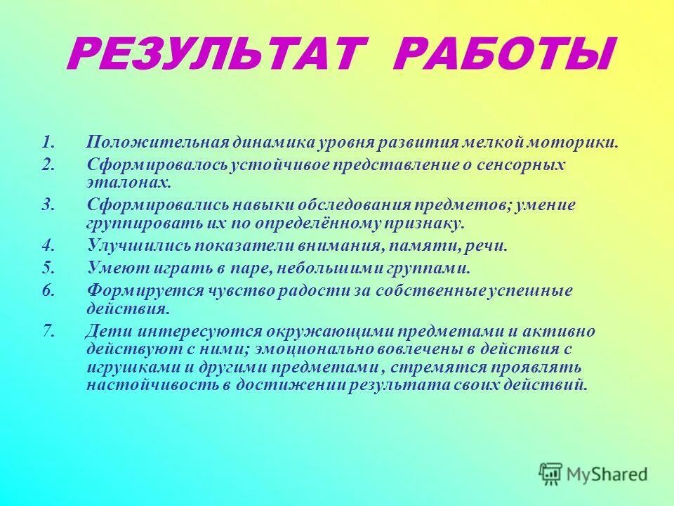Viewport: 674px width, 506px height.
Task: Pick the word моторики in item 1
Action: click(580, 143)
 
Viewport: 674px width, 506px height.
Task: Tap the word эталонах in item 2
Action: click(129, 183)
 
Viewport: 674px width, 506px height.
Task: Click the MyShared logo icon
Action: click(550, 473)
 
